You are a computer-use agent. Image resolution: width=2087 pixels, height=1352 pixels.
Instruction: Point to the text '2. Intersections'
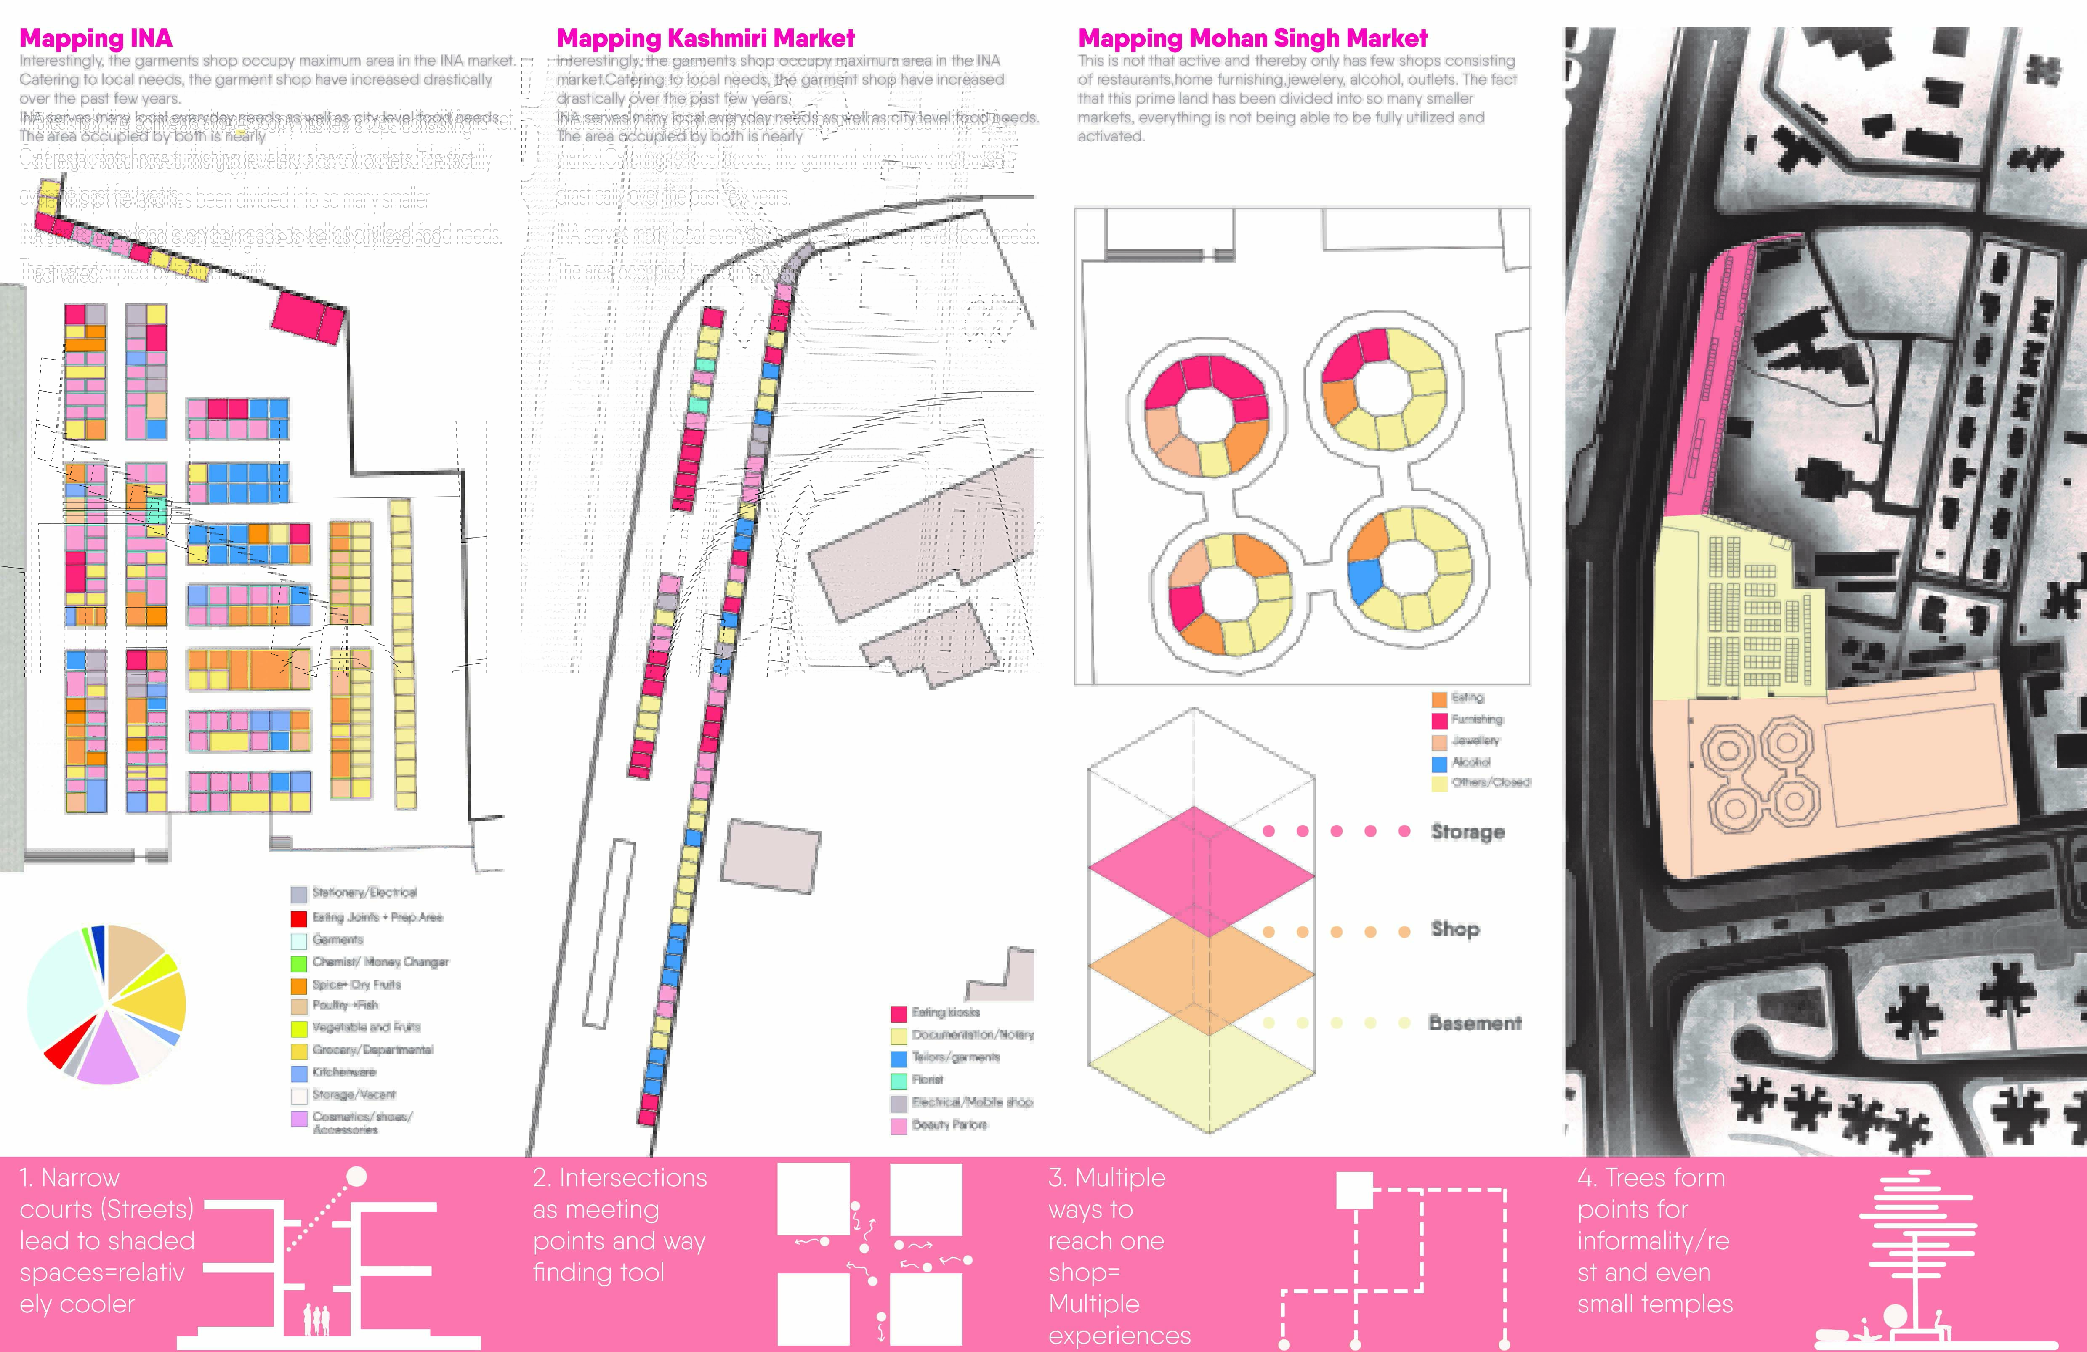619,1177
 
